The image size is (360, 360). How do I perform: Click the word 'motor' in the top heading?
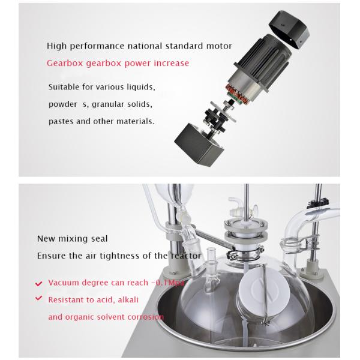click(219, 46)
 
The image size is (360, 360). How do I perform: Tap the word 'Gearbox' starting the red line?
click(65, 63)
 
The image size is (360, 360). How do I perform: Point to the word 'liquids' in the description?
click(141, 87)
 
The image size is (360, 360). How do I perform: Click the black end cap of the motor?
click(289, 29)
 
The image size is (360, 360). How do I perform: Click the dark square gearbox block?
click(199, 144)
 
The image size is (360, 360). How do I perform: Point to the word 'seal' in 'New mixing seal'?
click(99, 239)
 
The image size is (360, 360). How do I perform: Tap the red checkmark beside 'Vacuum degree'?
click(39, 283)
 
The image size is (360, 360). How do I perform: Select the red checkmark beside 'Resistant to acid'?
click(39, 298)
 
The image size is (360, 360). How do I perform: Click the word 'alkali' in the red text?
click(128, 300)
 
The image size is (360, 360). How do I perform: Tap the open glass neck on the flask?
click(212, 255)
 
